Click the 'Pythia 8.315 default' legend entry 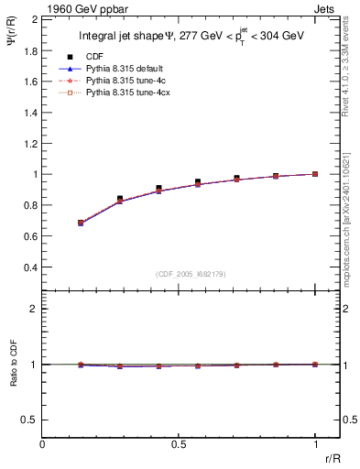(122, 69)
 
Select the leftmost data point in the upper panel (81, 223)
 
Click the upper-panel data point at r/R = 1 (315, 174)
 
